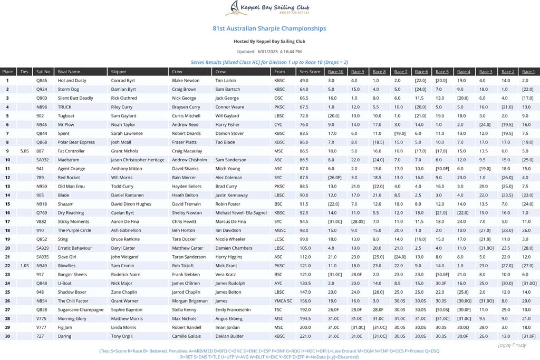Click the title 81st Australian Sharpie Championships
[269, 28]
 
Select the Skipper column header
[119, 72]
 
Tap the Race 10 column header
[335, 72]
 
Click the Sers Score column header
[310, 72]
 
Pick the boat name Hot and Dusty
[72, 81]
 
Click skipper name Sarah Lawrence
[127, 133]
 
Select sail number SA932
[43, 160]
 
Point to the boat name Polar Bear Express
[76, 142]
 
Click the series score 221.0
[304, 336]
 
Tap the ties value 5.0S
[24, 151]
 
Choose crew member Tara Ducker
[184, 239]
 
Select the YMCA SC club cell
[283, 300]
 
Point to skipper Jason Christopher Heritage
[138, 160]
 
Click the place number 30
[7, 336]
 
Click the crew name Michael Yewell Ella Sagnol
[241, 212]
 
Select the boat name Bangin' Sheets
[73, 274]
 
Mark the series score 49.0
[304, 81]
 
